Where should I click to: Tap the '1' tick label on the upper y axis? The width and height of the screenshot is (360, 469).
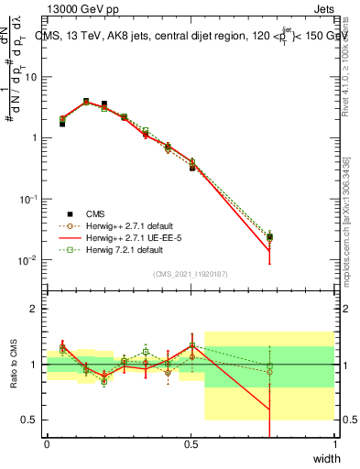pyautogui.click(x=35, y=138)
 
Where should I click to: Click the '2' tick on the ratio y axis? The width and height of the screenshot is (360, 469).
pyautogui.click(x=35, y=309)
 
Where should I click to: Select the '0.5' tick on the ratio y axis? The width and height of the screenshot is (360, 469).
pyautogui.click(x=29, y=420)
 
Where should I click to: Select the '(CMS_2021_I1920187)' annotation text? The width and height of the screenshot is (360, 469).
pyautogui.click(x=191, y=274)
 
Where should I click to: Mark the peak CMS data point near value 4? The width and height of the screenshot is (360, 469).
pyautogui.click(x=86, y=102)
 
